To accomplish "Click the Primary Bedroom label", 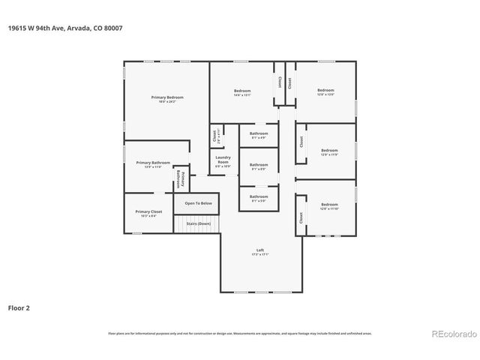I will pos(167,97).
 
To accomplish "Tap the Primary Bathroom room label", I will pos(152,162).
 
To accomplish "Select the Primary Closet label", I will pos(148,211).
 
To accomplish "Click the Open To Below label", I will pos(199,203).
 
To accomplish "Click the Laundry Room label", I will pos(223,160).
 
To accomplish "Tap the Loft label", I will pos(259,250).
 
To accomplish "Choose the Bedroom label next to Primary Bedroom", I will pos(241,91).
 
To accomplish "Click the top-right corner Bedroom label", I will pos(325,90).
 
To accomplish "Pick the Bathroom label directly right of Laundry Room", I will pos(259,164).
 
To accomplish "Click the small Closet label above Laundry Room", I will pos(214,136).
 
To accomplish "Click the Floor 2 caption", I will pos(19,307).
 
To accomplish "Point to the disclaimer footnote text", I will pos(239,333).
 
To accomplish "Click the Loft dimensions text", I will pos(259,255).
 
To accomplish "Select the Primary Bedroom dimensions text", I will pos(167,102).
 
